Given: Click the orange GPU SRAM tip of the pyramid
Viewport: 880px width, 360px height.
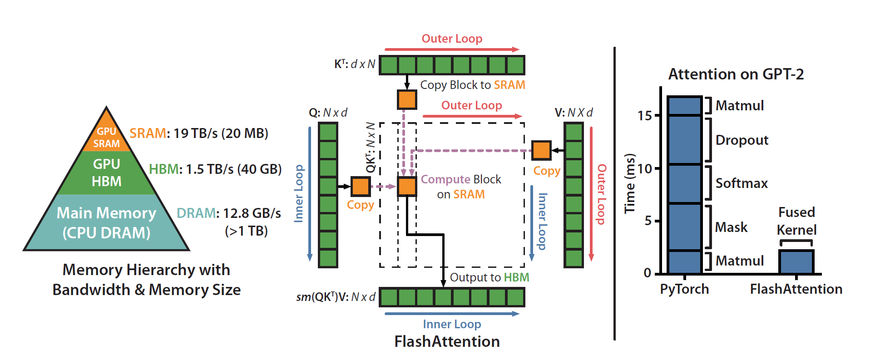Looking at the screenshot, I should tap(107, 136).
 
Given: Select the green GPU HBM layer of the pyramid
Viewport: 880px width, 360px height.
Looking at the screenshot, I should tap(107, 173).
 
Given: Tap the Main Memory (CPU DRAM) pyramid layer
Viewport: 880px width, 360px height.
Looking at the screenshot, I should tap(107, 222).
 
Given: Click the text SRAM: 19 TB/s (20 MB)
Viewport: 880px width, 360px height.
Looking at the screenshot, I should tap(199, 133).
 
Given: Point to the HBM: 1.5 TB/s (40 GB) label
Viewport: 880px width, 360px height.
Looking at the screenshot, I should tap(215, 169).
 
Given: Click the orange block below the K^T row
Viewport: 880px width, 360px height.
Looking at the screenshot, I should tap(407, 99).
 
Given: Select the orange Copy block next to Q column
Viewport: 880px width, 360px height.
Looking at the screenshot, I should tap(361, 187).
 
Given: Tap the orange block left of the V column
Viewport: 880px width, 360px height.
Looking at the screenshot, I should tap(541, 150).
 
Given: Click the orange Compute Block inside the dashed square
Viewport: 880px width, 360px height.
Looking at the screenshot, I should tap(407, 187).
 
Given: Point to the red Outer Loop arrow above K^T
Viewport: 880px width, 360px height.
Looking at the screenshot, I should tap(452, 49).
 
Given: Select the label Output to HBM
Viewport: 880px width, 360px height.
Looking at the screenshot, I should tap(489, 277).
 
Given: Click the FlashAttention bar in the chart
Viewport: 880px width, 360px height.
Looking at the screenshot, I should tap(796, 262).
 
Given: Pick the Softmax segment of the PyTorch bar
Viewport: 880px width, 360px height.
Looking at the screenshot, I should tap(685, 183).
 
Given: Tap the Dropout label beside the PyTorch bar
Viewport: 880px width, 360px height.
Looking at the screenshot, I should tap(742, 140).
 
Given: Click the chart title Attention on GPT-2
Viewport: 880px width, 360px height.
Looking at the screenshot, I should tap(736, 74).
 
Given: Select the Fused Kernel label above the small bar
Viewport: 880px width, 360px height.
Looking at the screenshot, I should tap(796, 221).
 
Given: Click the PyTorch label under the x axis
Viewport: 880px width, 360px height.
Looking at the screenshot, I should tap(684, 289).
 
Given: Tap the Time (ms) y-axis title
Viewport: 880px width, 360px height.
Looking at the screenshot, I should tap(629, 183).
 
